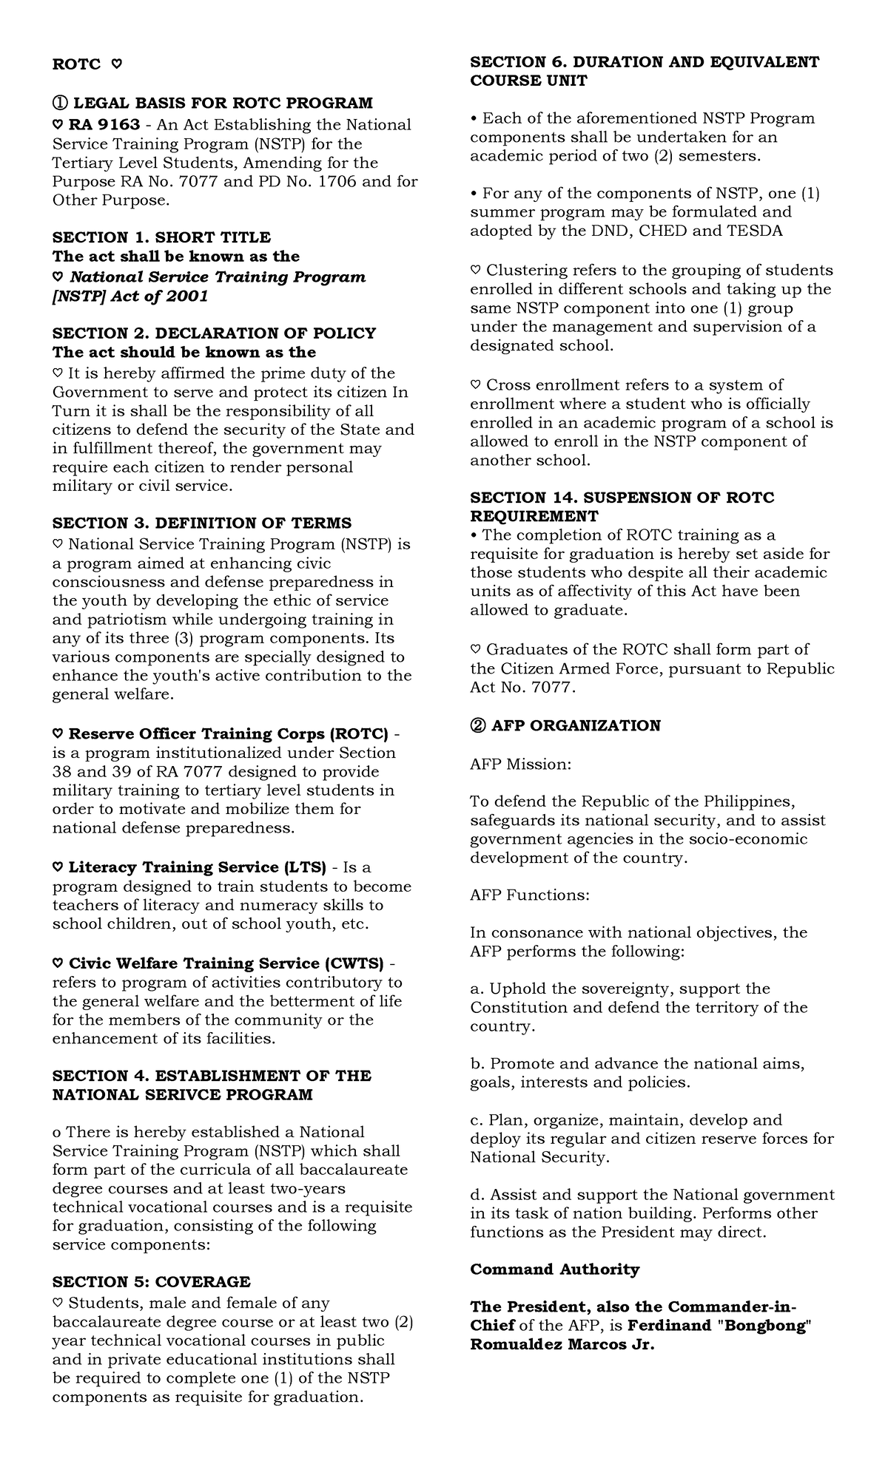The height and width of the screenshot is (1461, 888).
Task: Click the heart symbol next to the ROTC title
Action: tap(116, 65)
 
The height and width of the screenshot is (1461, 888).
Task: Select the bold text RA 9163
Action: tap(104, 124)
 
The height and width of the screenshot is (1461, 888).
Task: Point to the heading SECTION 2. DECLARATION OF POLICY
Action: tap(214, 333)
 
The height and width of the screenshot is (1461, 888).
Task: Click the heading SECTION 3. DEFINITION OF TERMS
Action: tap(201, 523)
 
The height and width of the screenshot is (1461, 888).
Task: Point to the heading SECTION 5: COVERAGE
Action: tap(151, 1281)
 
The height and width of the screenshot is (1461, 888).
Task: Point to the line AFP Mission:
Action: tap(520, 764)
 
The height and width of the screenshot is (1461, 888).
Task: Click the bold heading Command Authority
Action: tap(554, 1269)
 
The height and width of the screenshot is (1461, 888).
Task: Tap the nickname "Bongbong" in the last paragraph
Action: tap(764, 1325)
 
